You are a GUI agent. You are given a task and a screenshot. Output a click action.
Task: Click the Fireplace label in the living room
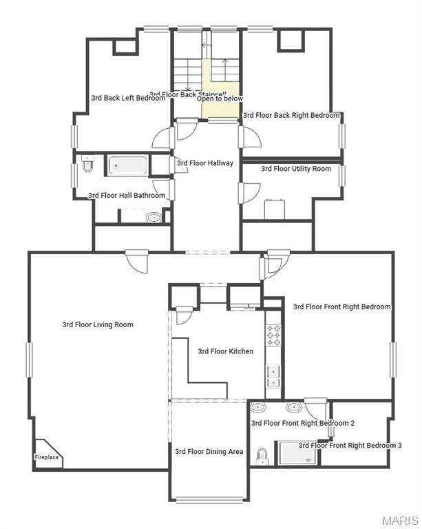[47, 457]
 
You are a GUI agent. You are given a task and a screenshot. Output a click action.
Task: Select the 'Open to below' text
[220, 98]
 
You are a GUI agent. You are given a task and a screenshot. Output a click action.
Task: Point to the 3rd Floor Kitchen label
[226, 351]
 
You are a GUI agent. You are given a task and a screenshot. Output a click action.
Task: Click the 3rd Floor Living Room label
[98, 324]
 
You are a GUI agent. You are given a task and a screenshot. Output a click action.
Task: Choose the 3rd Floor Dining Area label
[209, 452]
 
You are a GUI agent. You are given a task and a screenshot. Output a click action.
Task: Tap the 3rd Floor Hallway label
[205, 163]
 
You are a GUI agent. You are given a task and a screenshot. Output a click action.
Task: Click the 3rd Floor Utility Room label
[296, 169]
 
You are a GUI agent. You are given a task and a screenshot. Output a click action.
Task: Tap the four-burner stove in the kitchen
[273, 335]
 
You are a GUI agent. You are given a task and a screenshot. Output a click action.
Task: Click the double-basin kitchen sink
[273, 376]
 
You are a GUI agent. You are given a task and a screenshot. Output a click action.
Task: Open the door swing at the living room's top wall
[136, 260]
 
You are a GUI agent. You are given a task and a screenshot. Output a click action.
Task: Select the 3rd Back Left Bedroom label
[128, 98]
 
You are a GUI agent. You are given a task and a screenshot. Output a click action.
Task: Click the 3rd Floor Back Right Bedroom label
[292, 116]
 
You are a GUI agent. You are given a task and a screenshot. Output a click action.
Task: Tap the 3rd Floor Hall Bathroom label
[127, 196]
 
